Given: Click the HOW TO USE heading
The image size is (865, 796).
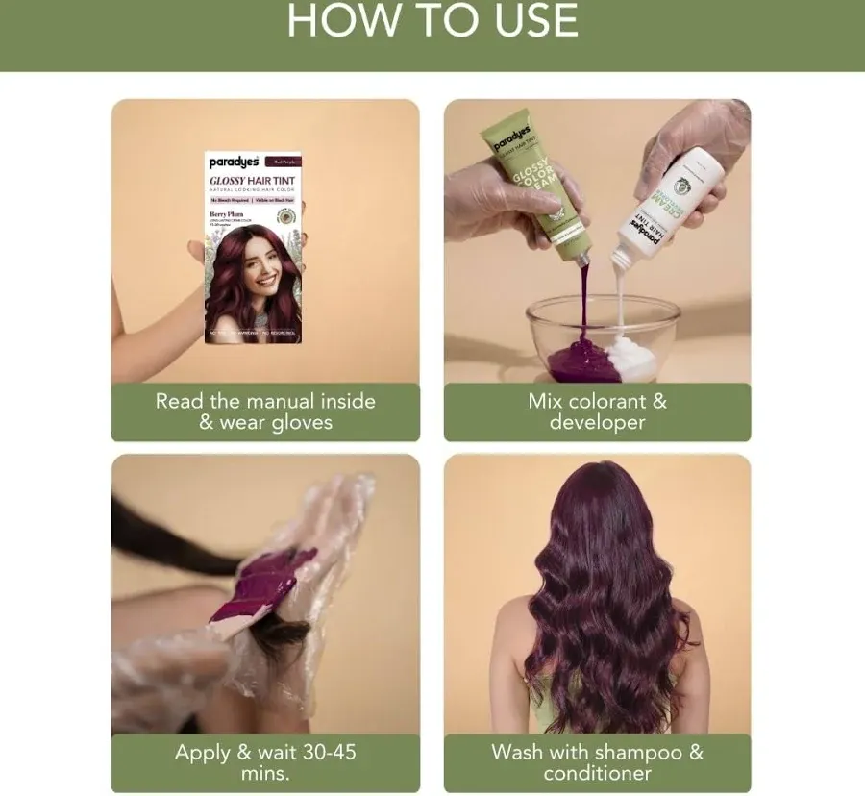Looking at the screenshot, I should click(432, 21).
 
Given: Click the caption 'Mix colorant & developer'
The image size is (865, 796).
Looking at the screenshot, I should click(597, 411).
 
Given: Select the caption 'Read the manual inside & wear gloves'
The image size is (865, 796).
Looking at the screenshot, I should click(265, 411).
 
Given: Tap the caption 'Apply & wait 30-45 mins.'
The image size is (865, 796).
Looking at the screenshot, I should click(265, 761).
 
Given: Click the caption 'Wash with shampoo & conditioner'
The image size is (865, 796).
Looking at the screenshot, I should click(597, 761).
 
